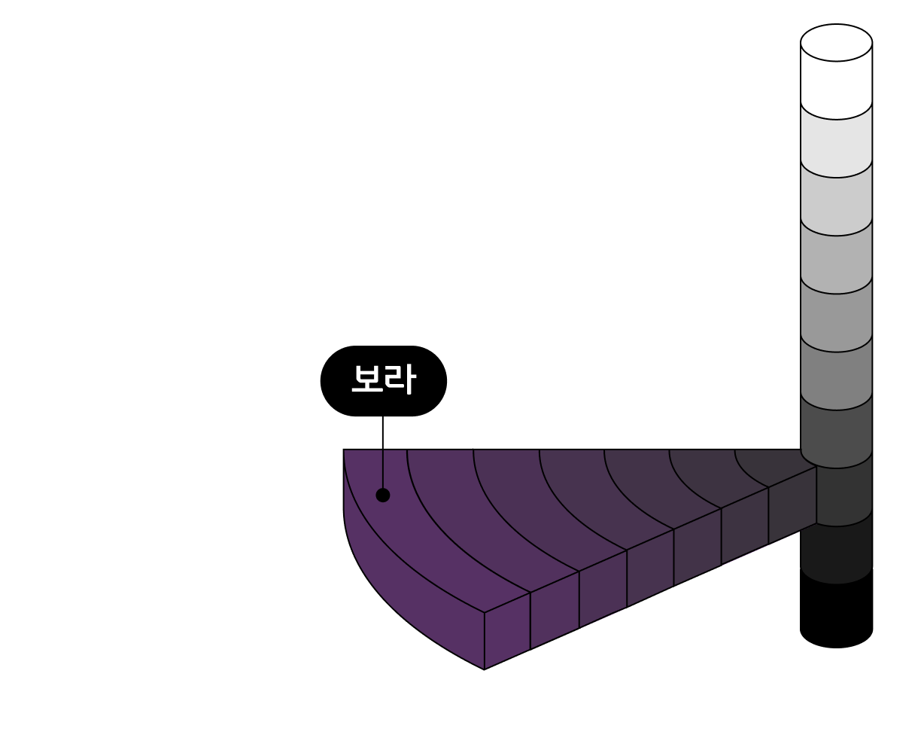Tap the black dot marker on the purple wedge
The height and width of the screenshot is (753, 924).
coord(383,495)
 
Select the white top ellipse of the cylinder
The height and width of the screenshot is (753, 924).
coord(836,43)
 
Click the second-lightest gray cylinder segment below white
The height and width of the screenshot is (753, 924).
coord(836,143)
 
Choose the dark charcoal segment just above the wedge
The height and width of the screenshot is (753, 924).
coord(836,433)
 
